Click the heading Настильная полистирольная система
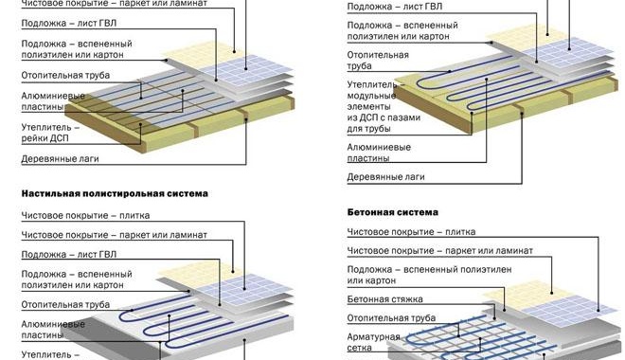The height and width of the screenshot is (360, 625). [x=114, y=193]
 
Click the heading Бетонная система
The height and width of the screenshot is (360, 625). [x=385, y=213]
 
